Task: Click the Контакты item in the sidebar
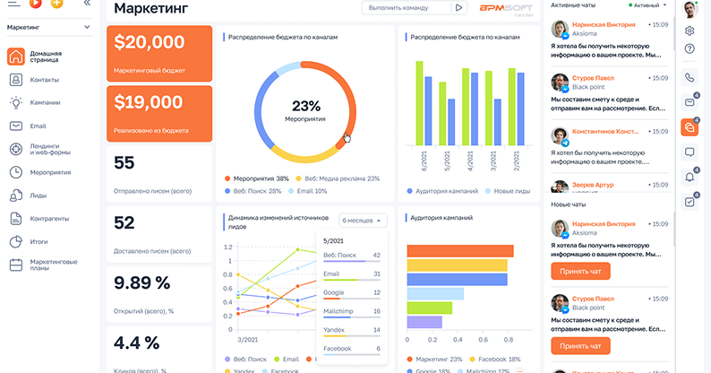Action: [44, 80]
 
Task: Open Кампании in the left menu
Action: [45, 102]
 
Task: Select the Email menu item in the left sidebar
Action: [38, 126]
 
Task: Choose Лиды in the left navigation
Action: [39, 195]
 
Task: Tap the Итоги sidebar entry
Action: [39, 241]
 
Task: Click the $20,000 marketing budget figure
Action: [150, 41]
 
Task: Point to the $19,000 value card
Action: [149, 102]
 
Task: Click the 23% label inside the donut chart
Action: [305, 105]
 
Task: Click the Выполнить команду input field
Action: [405, 8]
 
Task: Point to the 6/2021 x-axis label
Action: [424, 162]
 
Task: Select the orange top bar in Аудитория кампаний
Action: [459, 251]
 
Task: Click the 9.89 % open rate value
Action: [142, 283]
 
